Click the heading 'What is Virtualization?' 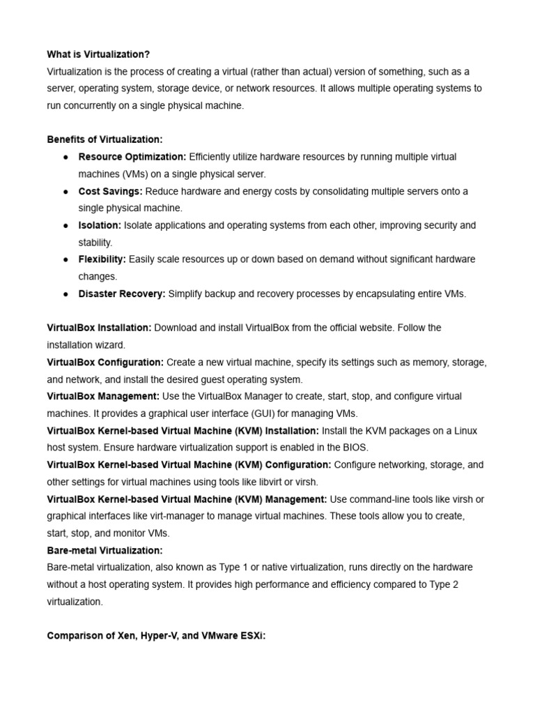(x=98, y=54)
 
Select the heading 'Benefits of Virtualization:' (x=104, y=139)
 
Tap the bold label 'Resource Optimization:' (x=132, y=157)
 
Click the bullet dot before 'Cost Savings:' (x=65, y=191)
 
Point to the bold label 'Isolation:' (x=100, y=225)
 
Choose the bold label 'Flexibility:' (x=102, y=259)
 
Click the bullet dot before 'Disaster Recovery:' (x=65, y=294)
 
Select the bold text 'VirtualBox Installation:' (x=99, y=328)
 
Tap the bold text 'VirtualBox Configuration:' (x=105, y=363)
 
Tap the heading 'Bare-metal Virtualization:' (x=104, y=550)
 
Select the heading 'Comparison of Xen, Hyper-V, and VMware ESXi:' (x=156, y=636)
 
